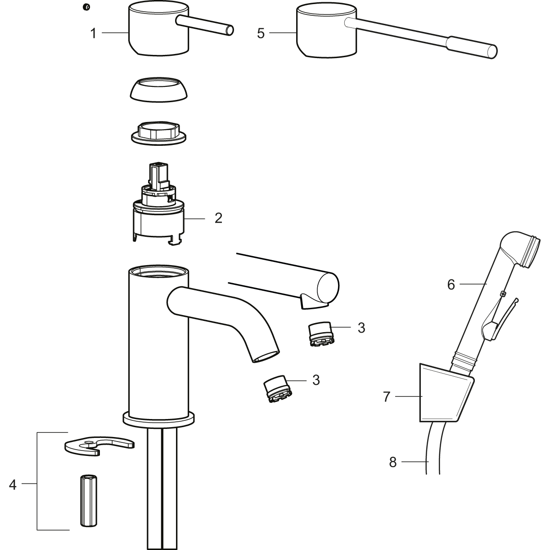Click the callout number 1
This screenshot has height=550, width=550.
point(93,33)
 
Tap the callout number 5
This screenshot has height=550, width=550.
point(261,33)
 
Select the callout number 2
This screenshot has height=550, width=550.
point(218,218)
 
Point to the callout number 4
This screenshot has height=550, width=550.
point(13,485)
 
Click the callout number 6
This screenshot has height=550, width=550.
point(451,284)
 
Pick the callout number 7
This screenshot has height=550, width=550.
point(387,397)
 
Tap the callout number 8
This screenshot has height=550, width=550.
point(393,462)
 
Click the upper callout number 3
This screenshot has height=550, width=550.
point(361,328)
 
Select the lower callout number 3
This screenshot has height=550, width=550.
point(316,380)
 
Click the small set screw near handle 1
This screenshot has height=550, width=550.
point(86,7)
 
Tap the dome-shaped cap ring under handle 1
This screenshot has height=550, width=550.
point(159,89)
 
